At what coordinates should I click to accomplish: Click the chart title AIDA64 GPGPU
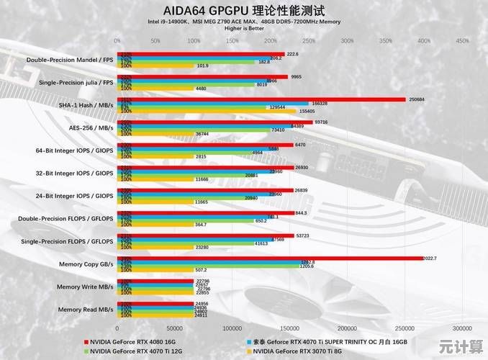click(244, 10)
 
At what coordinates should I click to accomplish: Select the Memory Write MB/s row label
click(86, 286)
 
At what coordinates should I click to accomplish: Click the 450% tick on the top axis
click(462, 40)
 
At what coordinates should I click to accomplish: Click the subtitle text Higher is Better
click(244, 29)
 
